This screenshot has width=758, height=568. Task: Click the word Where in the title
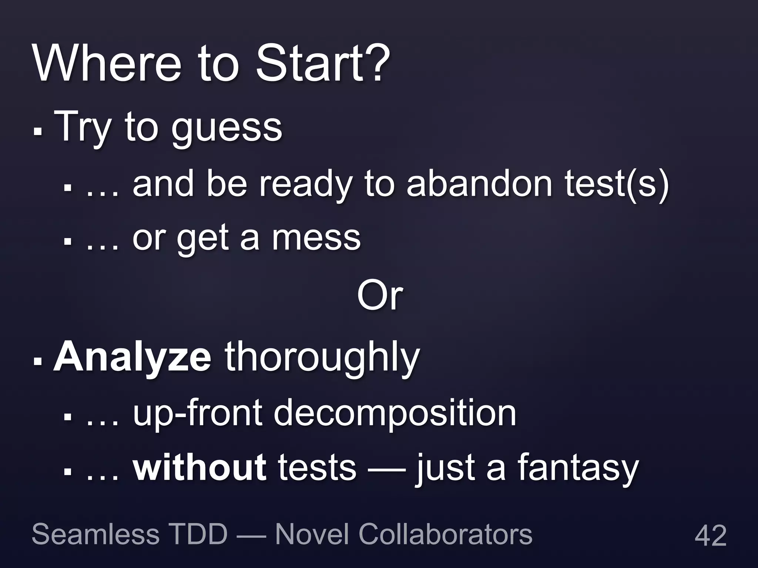coord(107,64)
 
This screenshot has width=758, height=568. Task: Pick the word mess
coord(316,239)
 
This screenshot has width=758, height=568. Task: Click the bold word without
coord(199,467)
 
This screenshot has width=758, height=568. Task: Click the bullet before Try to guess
coord(37,131)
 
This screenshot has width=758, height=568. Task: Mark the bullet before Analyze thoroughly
coord(37,360)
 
